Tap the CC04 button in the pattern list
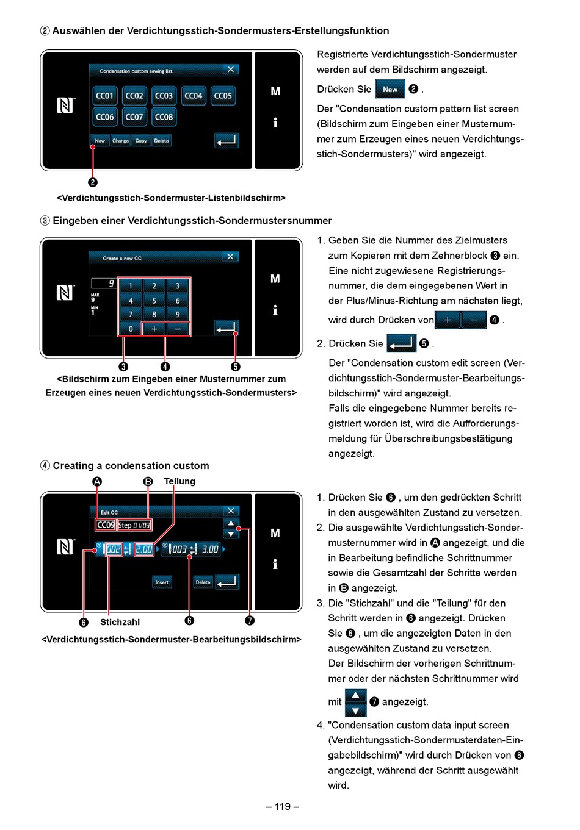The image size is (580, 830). (x=194, y=96)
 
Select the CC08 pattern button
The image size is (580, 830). (x=164, y=117)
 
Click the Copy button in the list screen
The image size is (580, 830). (x=141, y=141)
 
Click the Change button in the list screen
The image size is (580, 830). (x=120, y=141)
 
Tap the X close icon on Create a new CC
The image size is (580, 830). (x=230, y=257)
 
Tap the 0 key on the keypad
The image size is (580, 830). (x=130, y=329)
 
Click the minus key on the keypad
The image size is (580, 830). (x=178, y=329)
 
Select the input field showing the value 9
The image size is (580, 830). (x=103, y=284)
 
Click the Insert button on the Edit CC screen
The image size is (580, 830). (x=162, y=582)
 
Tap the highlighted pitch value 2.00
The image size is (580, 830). (x=143, y=549)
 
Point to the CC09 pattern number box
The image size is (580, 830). (x=106, y=525)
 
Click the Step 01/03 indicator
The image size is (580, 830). (x=134, y=525)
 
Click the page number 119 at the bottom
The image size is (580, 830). (x=283, y=807)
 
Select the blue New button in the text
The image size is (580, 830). (x=390, y=89)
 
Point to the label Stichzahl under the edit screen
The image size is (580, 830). (x=120, y=622)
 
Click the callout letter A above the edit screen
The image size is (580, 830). (x=97, y=481)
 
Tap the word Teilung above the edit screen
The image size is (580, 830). (x=179, y=481)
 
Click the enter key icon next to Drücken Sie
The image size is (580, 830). (x=401, y=343)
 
